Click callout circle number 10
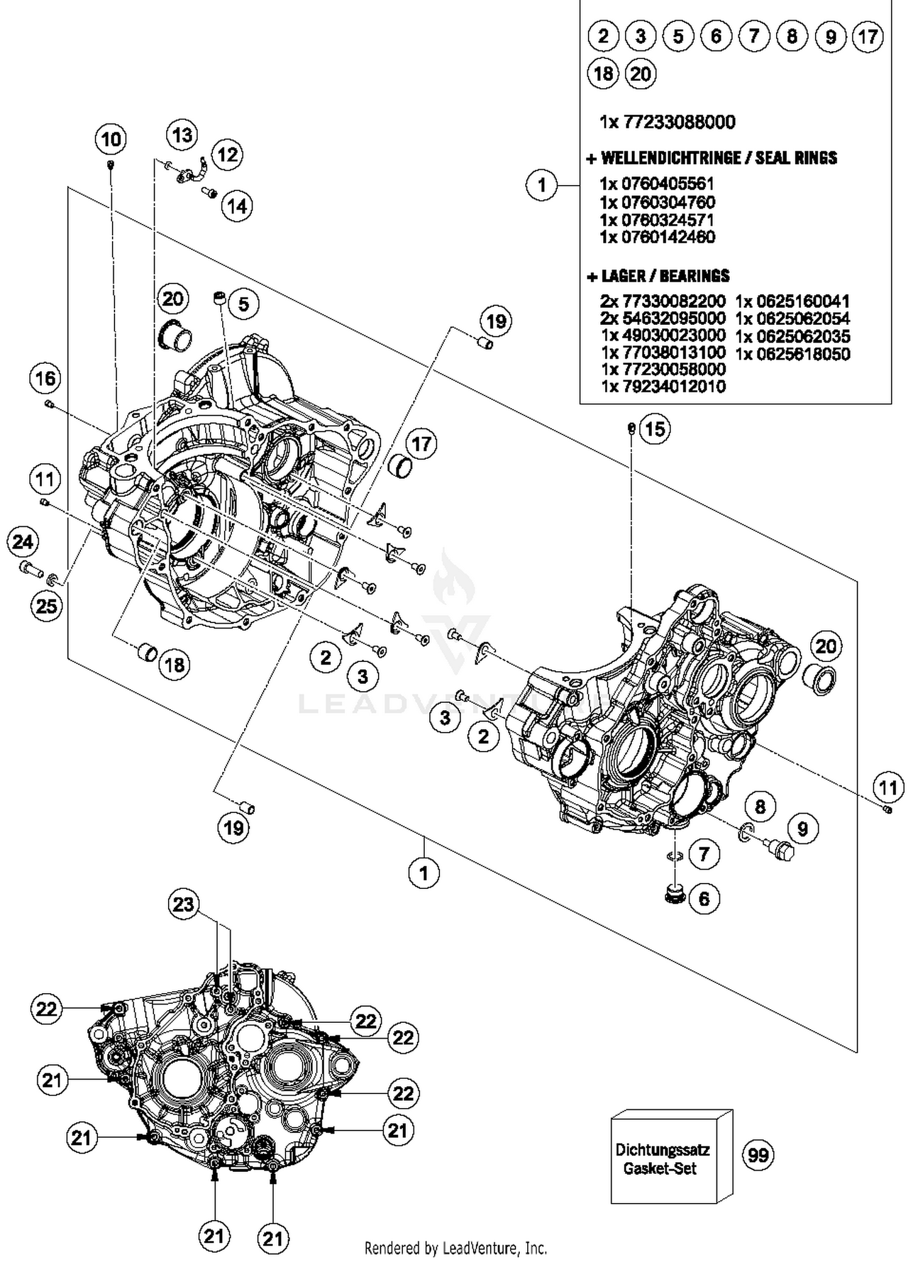point(111,139)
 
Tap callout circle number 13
point(182,134)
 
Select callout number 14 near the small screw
point(237,206)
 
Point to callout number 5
point(243,304)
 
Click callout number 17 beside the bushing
point(421,444)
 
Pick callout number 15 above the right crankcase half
point(654,429)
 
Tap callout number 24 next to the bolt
point(23,542)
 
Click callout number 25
point(46,605)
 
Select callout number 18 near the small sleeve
point(174,664)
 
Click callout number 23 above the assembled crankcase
point(183,904)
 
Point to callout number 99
point(758,1154)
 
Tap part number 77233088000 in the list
point(667,122)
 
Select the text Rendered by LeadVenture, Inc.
point(455,1249)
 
